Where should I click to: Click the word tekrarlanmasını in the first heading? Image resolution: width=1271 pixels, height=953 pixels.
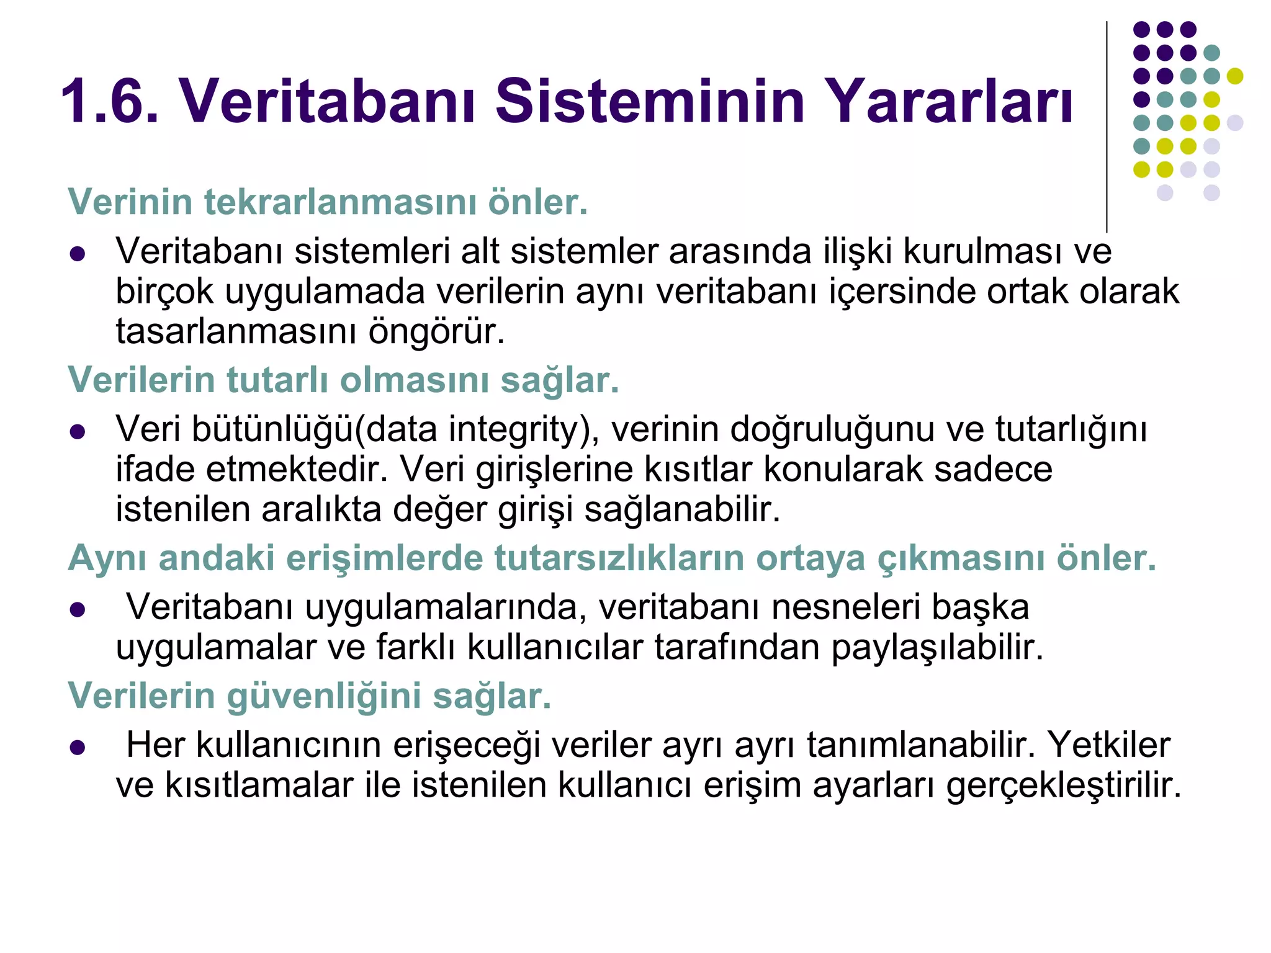[339, 202]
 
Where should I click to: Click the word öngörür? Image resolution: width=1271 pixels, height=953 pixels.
[437, 331]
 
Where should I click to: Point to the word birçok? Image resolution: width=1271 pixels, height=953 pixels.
[164, 292]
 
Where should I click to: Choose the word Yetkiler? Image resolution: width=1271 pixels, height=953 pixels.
[1109, 745]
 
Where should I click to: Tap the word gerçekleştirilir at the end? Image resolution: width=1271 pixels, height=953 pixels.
[1064, 786]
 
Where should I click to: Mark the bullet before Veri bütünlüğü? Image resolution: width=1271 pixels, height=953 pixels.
[78, 431]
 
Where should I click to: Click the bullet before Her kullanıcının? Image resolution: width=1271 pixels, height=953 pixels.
[78, 747]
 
